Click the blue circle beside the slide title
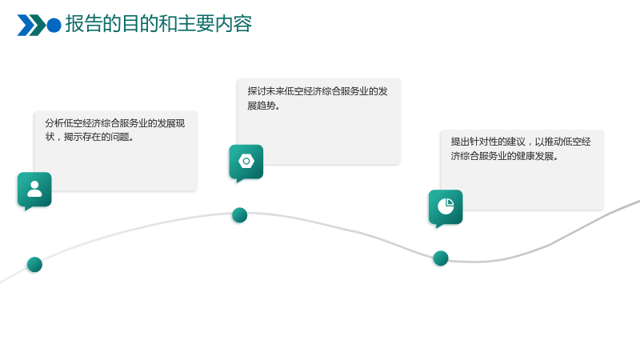pos(54,25)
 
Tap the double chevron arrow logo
pos(31,25)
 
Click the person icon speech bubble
pos(34,190)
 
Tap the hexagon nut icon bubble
pos(246,163)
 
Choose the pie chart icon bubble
pos(446,208)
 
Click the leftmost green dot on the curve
pos(34,265)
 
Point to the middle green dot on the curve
pos(239,215)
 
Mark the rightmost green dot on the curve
pos(441,258)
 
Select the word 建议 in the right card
pos(516,142)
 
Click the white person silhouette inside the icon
pos(34,189)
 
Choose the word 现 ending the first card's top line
pos(181,123)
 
